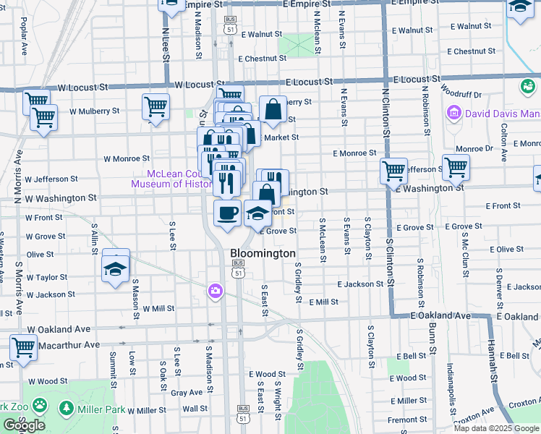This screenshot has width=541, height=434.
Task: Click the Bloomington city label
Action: point(263,254)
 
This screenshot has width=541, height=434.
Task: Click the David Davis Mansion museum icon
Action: point(454,113)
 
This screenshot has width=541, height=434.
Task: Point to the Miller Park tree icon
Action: point(67,409)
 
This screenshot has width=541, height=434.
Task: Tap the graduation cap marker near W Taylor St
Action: point(115,269)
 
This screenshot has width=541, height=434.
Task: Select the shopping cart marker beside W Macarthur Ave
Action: point(24,349)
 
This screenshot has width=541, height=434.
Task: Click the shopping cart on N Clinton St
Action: point(393,171)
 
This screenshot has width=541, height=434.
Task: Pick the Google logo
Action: point(23,425)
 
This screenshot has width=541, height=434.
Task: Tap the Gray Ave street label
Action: point(187,393)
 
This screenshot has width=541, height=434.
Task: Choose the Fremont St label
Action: point(407,420)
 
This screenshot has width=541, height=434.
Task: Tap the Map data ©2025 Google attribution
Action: point(495,428)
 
